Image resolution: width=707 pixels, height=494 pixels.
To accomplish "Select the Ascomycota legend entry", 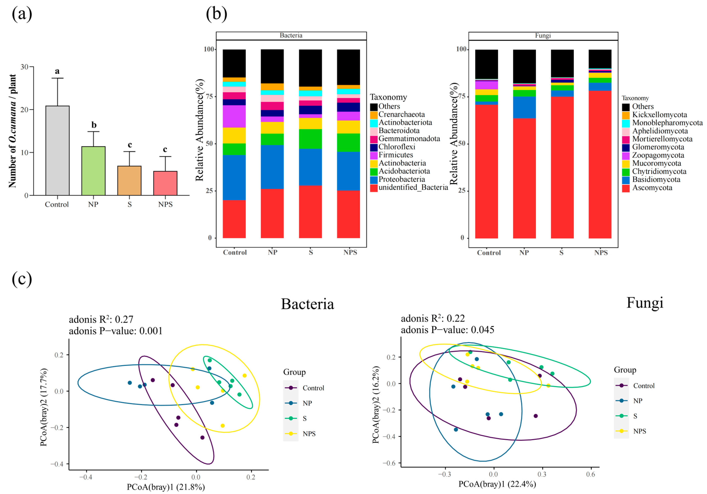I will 652,188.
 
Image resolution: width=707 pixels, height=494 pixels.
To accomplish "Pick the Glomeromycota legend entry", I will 658,147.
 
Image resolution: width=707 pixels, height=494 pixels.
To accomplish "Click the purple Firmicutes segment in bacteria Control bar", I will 234,116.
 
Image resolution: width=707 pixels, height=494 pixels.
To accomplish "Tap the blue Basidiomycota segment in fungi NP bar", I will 524,107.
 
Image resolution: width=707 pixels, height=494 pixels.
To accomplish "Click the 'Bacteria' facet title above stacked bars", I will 291,35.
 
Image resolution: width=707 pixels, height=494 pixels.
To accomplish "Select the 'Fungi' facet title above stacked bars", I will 543,35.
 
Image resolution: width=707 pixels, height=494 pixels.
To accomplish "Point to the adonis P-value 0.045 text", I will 447,330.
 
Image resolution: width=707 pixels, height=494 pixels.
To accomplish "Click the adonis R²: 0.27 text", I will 101,319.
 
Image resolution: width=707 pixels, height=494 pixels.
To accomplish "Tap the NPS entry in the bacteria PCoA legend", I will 309,434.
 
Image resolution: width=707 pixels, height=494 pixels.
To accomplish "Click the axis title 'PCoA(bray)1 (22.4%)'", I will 497,484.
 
